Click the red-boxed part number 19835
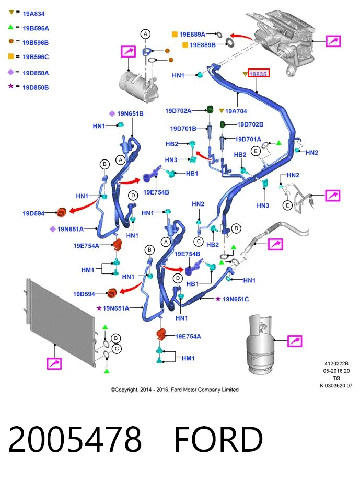pyautogui.click(x=258, y=74)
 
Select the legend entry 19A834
pyautogui.click(x=33, y=14)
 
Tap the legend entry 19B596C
pyautogui.click(x=36, y=57)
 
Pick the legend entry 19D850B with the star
pyautogui.click(x=36, y=87)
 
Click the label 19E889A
pyautogui.click(x=192, y=35)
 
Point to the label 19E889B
pyautogui.click(x=203, y=45)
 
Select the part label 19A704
pyautogui.click(x=236, y=111)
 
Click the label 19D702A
pyautogui.click(x=178, y=111)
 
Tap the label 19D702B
pyautogui.click(x=250, y=124)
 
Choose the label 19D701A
pyautogui.click(x=248, y=139)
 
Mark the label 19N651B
pyautogui.click(x=130, y=113)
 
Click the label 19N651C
pyautogui.click(x=236, y=299)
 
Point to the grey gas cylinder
pyautogui.click(x=260, y=344)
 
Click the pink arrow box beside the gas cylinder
pyautogui.click(x=295, y=341)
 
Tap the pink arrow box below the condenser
pyautogui.click(x=54, y=363)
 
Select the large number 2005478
pyautogui.click(x=75, y=439)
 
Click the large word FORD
pyautogui.click(x=218, y=439)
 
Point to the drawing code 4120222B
pyautogui.click(x=336, y=364)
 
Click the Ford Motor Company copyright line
pyautogui.click(x=175, y=390)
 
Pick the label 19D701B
pyautogui.click(x=183, y=129)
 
